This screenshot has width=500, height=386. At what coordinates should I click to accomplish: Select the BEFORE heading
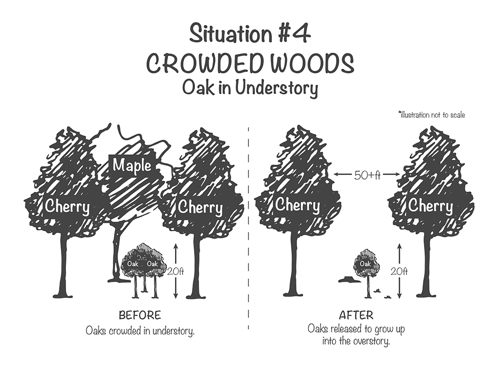point(139,316)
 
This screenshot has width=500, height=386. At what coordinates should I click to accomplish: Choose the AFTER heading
point(356,316)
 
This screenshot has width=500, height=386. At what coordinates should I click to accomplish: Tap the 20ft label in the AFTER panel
point(400,272)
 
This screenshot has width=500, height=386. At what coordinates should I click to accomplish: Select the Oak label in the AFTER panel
point(365,264)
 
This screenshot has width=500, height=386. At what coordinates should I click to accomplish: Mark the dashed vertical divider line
point(248,225)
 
